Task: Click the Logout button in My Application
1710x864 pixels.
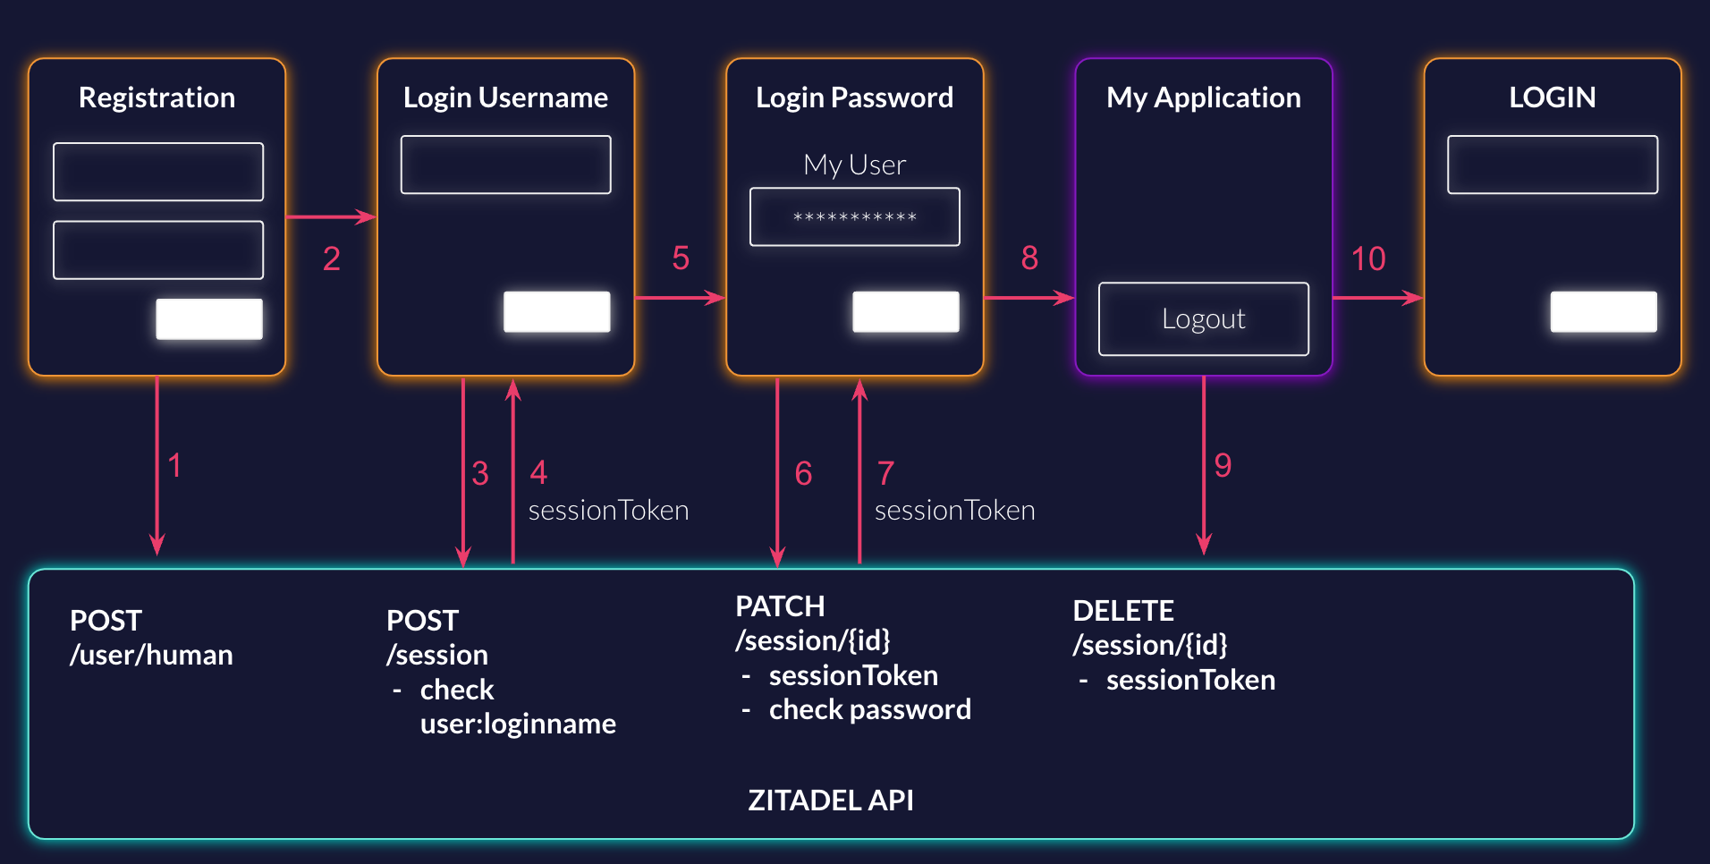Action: [x=1203, y=318]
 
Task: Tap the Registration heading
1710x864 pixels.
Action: [x=157, y=97]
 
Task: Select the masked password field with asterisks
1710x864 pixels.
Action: [x=854, y=216]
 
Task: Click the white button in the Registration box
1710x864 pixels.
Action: [x=209, y=318]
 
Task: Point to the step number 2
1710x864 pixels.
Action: [x=331, y=258]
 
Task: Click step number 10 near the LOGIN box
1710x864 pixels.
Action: [x=1367, y=258]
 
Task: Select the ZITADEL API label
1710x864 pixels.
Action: [x=830, y=800]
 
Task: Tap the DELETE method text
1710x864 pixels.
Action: [x=1122, y=610]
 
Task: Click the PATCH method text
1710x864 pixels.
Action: [x=780, y=606]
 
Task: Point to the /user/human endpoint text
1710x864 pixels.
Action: [x=151, y=655]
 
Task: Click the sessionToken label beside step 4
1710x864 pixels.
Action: [x=608, y=510]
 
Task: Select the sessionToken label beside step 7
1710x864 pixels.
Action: [x=954, y=510]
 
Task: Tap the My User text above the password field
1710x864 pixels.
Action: [x=854, y=165]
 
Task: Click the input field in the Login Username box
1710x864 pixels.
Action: [x=505, y=165]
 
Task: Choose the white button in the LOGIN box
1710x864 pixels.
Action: [x=1603, y=311]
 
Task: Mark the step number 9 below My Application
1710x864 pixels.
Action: [x=1223, y=465]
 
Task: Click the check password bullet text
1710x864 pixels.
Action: [x=869, y=709]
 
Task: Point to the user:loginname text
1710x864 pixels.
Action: [x=518, y=723]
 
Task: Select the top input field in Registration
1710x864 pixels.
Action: [x=158, y=172]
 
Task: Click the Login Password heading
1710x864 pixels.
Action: [x=854, y=97]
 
